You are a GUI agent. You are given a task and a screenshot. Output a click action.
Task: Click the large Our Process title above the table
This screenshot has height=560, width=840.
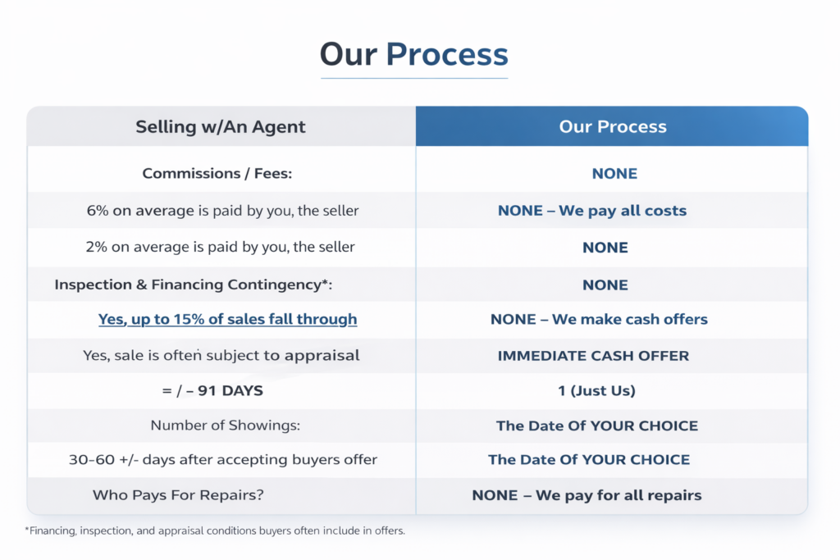click(414, 54)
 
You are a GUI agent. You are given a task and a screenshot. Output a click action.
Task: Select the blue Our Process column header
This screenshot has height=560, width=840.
click(613, 126)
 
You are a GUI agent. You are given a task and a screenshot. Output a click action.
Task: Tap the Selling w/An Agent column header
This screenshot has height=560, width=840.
click(220, 127)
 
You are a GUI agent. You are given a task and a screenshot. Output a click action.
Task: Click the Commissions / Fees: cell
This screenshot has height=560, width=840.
click(217, 174)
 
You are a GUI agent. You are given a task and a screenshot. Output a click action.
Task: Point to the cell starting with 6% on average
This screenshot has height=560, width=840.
click(222, 211)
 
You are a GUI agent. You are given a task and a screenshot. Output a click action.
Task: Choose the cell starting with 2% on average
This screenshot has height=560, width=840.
click(220, 247)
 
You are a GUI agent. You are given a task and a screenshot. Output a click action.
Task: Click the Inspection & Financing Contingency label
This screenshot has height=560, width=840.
click(194, 285)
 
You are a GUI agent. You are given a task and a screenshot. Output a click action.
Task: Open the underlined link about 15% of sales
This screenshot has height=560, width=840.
click(228, 319)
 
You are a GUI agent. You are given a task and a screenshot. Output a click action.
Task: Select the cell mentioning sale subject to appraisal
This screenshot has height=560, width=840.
click(221, 356)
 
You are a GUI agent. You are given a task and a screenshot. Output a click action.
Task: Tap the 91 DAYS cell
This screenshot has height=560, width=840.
click(212, 391)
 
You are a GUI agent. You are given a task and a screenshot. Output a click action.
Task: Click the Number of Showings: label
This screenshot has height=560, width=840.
click(225, 425)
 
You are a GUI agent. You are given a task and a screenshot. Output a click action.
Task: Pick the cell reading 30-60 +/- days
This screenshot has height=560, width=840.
click(223, 459)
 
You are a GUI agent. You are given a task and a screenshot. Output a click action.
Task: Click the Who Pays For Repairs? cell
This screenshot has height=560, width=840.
click(178, 494)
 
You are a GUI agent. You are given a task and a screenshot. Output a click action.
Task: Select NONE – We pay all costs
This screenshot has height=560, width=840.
click(592, 211)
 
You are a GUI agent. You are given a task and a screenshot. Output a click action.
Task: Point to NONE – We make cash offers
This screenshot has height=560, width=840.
click(599, 319)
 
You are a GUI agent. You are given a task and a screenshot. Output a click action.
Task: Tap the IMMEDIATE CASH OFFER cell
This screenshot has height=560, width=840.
click(593, 356)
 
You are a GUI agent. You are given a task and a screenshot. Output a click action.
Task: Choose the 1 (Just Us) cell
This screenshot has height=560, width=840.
click(597, 391)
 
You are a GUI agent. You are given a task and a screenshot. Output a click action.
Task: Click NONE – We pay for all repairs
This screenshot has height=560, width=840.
click(587, 495)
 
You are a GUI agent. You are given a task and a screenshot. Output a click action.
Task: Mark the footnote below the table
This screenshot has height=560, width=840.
click(215, 530)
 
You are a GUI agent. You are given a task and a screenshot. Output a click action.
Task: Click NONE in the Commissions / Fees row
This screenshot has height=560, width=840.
click(614, 174)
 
